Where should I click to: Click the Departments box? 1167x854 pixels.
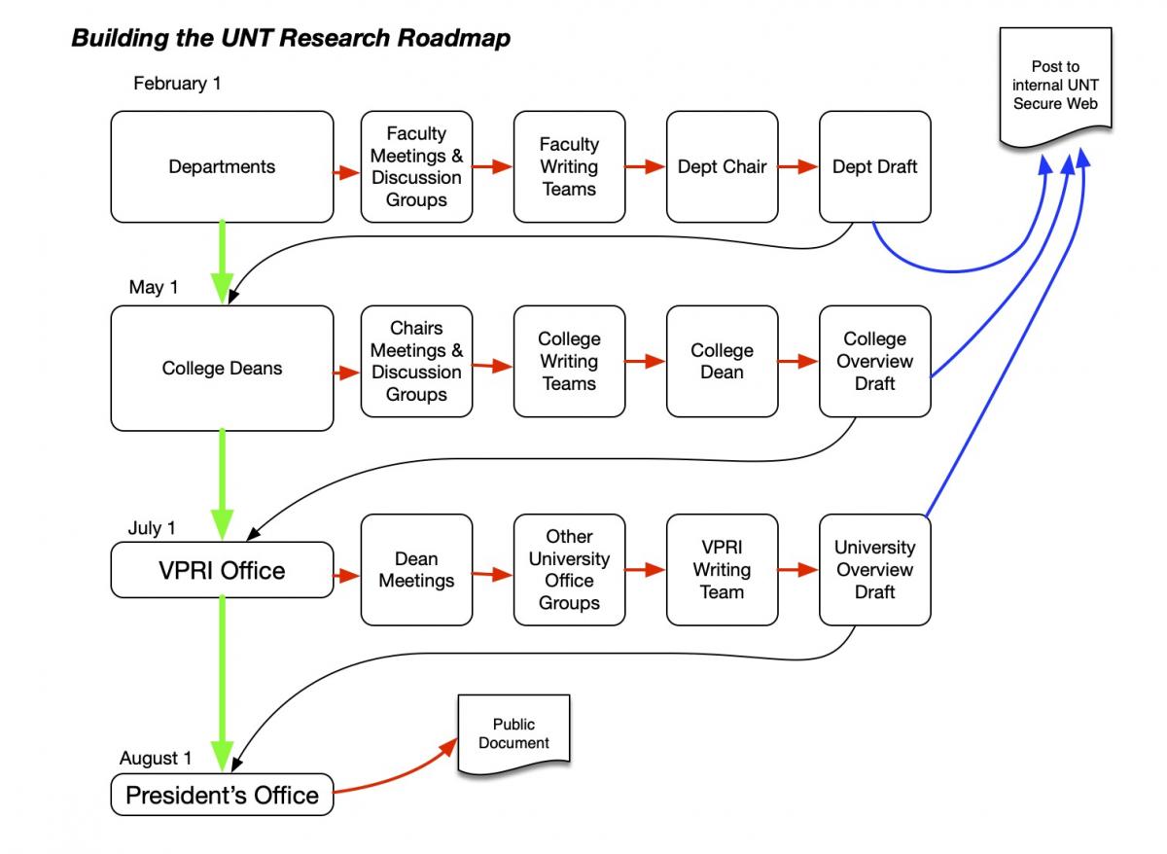(x=222, y=166)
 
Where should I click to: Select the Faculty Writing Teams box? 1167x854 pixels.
(x=569, y=166)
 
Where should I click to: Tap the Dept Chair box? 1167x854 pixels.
(x=722, y=166)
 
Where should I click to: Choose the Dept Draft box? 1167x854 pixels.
(x=874, y=166)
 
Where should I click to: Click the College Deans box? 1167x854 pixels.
(x=222, y=369)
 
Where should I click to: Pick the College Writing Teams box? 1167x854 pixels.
(x=569, y=361)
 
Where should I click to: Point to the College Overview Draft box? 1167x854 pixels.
(x=874, y=361)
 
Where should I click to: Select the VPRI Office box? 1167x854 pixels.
(x=222, y=570)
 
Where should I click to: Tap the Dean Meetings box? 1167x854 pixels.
(x=416, y=570)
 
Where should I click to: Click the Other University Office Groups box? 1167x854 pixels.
(x=569, y=570)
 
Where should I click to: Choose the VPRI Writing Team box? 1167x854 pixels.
(x=722, y=570)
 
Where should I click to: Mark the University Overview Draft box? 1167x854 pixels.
(x=874, y=570)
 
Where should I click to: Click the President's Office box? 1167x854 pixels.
(x=222, y=795)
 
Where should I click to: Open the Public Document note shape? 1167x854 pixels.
(x=513, y=734)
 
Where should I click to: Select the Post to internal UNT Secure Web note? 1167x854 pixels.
(x=1055, y=86)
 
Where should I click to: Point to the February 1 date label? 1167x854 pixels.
(x=177, y=84)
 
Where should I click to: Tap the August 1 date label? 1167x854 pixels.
(x=156, y=758)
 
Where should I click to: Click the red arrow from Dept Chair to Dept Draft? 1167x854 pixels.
(x=798, y=166)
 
